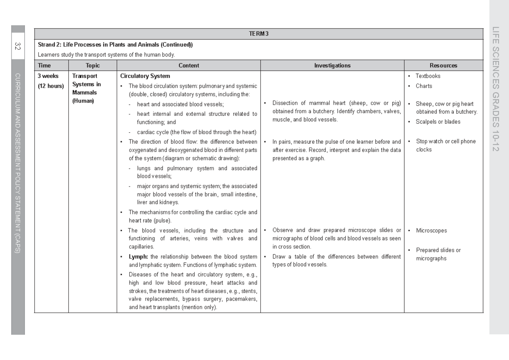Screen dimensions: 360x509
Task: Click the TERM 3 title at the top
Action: click(x=258, y=34)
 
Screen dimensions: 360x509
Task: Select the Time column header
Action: click(x=44, y=66)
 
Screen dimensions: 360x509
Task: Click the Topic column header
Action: click(x=92, y=66)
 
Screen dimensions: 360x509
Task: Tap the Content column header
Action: click(x=189, y=66)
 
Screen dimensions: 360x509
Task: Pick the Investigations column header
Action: click(x=332, y=66)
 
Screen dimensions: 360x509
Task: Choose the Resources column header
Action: click(x=443, y=66)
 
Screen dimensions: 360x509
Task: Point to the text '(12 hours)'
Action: click(x=50, y=86)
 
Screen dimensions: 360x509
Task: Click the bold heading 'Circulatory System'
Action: click(x=145, y=76)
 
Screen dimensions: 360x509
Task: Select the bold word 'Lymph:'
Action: click(x=138, y=257)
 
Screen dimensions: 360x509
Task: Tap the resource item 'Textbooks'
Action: click(x=428, y=76)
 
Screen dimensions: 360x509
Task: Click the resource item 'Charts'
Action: click(x=424, y=86)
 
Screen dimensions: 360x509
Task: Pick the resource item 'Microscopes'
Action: click(x=431, y=231)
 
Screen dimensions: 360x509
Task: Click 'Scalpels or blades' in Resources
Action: click(x=438, y=122)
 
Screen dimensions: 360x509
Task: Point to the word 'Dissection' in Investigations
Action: click(x=286, y=103)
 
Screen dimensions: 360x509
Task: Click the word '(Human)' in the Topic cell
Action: click(x=83, y=101)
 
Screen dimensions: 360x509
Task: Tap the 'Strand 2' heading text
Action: click(x=49, y=45)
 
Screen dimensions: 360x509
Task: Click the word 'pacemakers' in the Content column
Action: click(x=241, y=299)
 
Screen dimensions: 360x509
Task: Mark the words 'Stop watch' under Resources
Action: click(x=429, y=142)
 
